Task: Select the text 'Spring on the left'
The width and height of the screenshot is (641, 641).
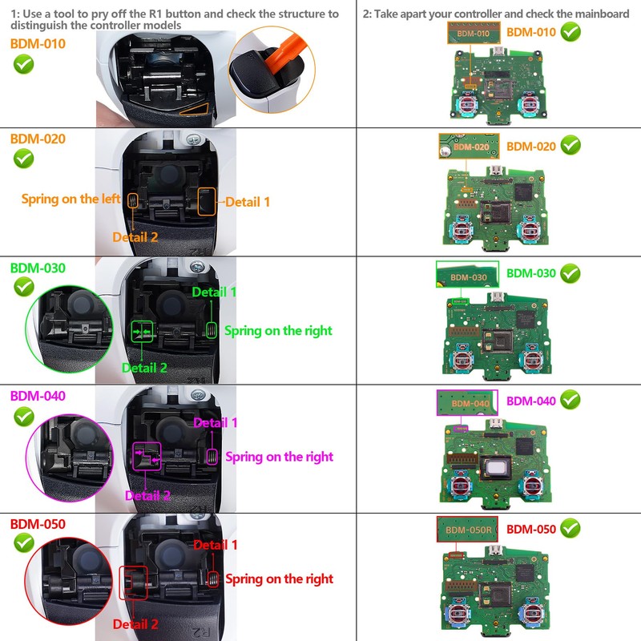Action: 71,199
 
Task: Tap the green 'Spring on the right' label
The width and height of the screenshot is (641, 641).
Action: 278,330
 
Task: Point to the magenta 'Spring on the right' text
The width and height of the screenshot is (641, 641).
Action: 279,457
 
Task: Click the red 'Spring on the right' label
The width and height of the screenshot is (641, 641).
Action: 279,579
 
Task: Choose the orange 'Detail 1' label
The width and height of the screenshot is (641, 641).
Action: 248,202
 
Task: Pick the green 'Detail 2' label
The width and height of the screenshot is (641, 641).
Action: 144,368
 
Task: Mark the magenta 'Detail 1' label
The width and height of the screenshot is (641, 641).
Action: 216,422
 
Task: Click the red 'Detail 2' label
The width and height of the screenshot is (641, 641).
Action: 135,623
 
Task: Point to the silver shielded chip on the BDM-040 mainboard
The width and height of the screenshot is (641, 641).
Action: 492,469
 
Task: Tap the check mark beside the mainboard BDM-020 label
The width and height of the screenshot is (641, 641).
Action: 570,145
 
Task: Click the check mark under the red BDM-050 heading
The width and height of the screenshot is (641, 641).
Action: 24,543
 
